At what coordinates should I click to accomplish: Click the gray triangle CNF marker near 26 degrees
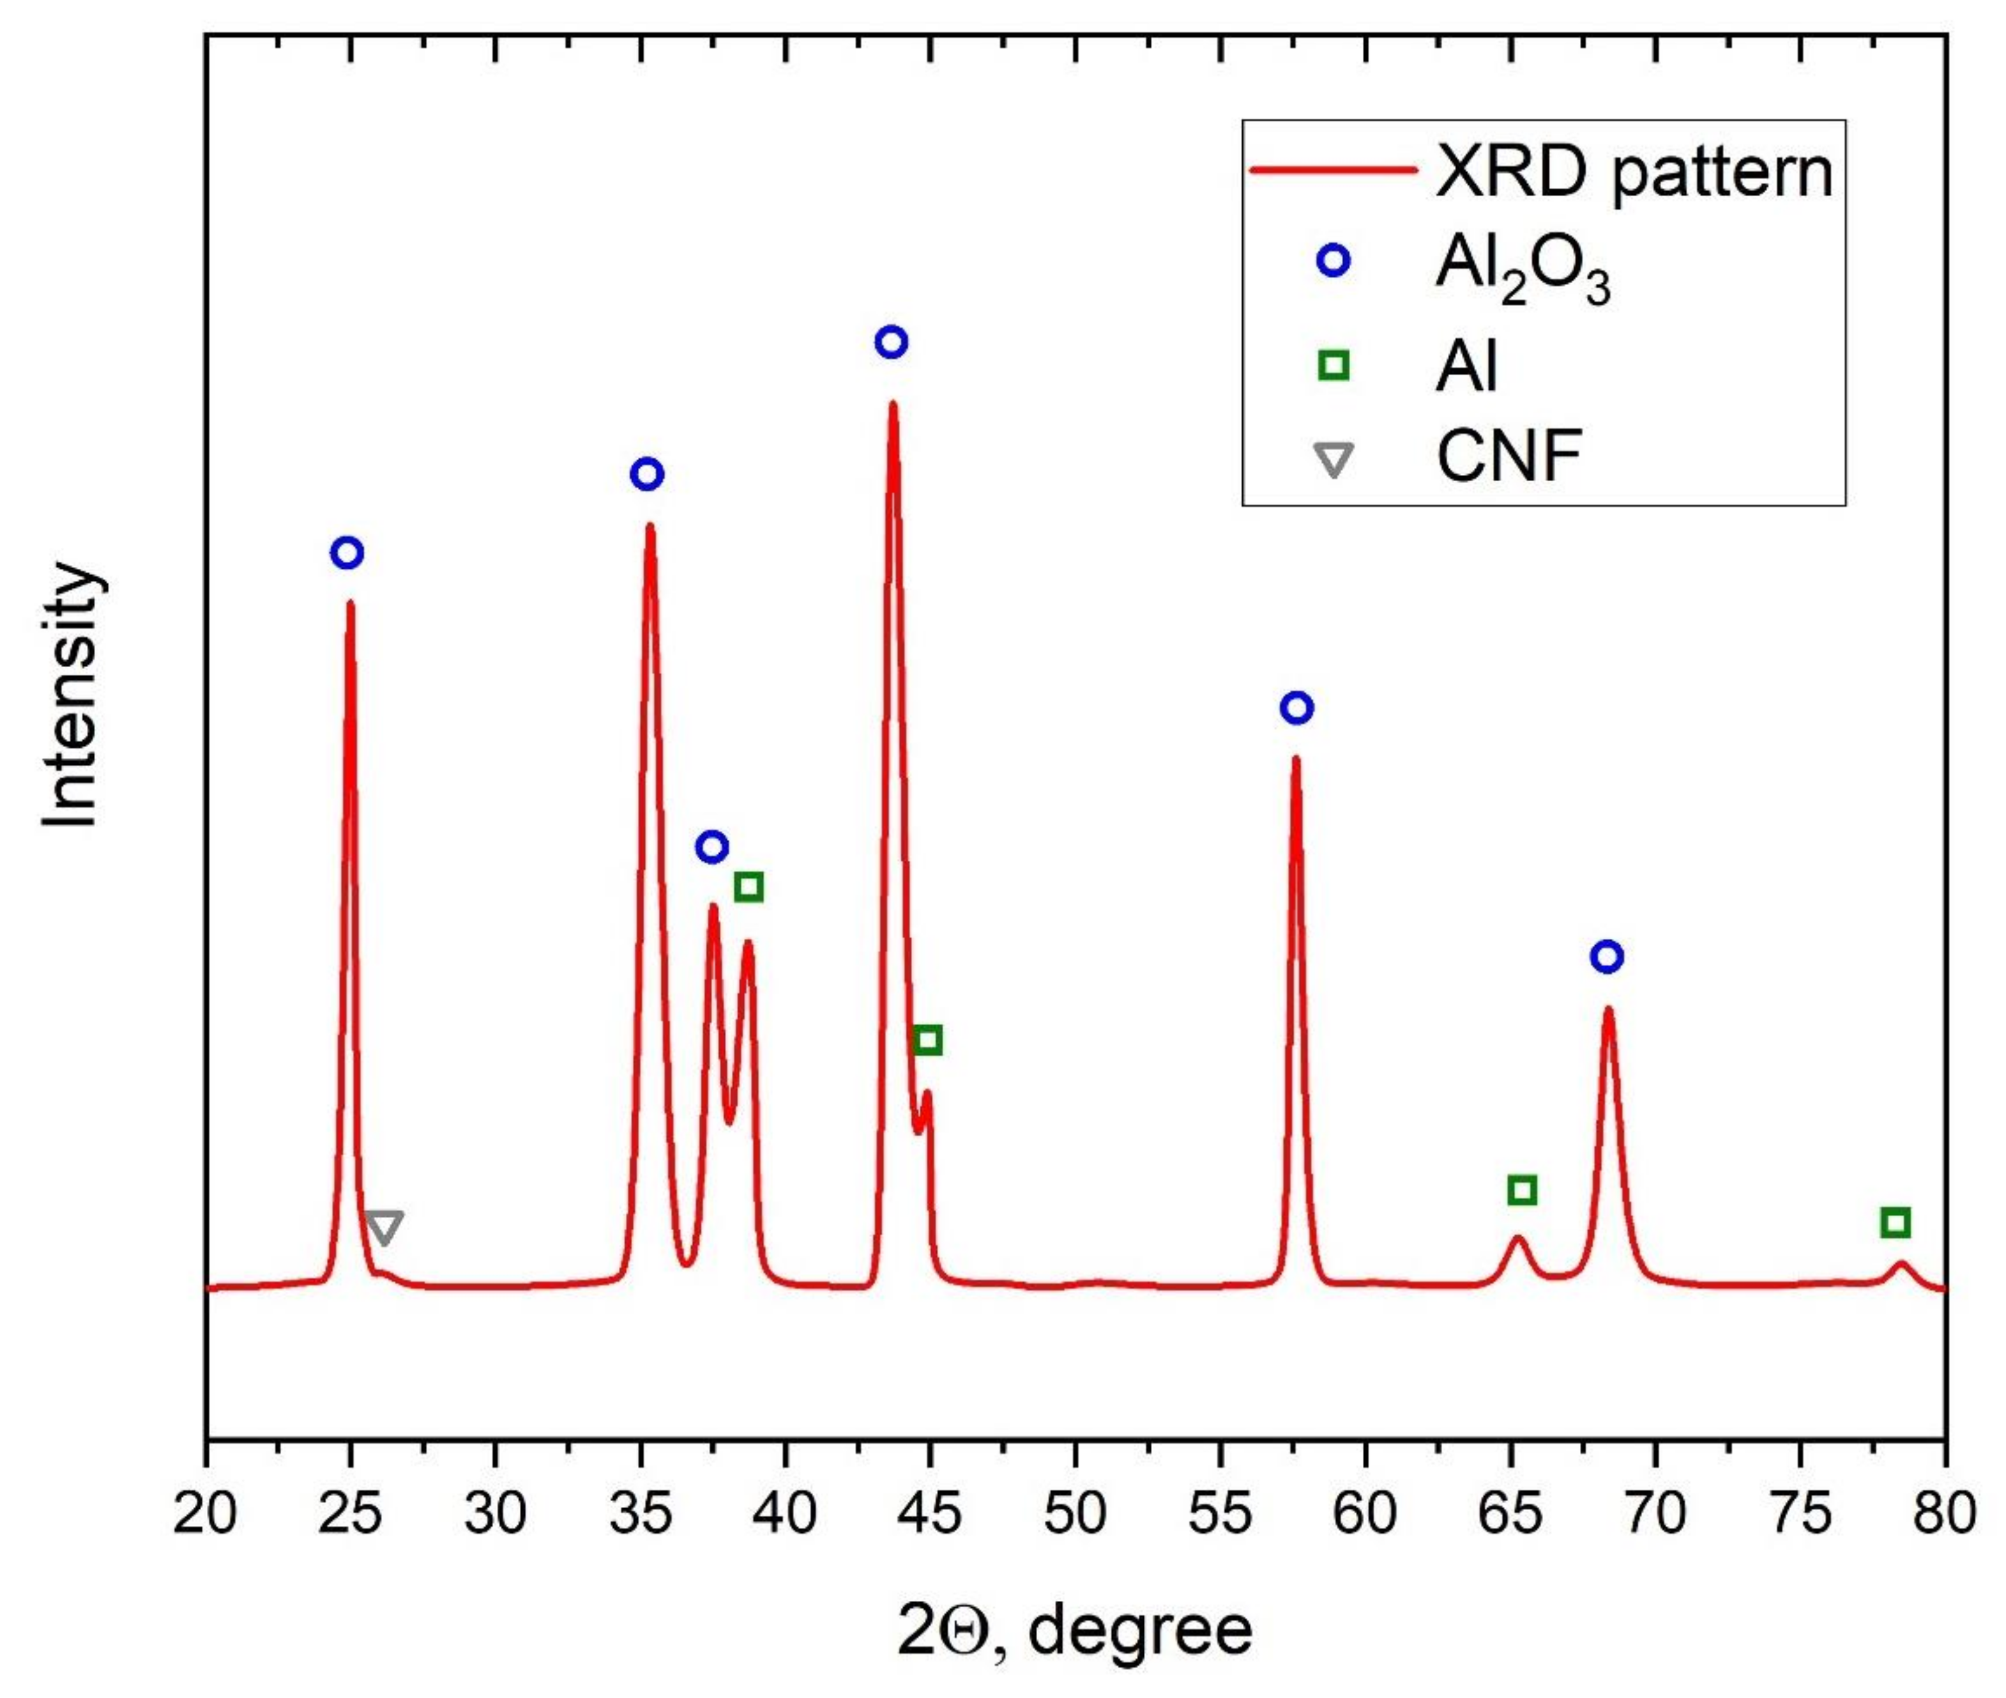[x=384, y=1226]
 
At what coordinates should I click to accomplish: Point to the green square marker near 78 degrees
[x=1894, y=1223]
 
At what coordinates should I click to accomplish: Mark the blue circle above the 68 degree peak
[x=1607, y=957]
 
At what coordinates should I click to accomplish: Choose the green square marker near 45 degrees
[x=927, y=1040]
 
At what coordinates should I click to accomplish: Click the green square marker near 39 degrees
[x=748, y=886]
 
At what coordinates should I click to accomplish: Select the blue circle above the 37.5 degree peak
[x=711, y=847]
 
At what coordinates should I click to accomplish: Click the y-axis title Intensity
[x=72, y=695]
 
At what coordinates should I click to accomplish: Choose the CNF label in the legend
[x=1508, y=456]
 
